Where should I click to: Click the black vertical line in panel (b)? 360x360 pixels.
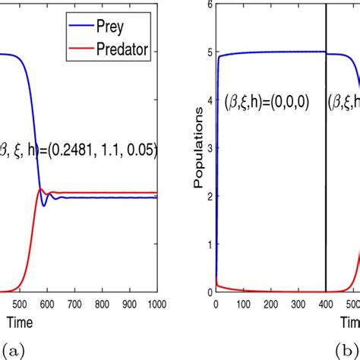pos(326,190)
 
